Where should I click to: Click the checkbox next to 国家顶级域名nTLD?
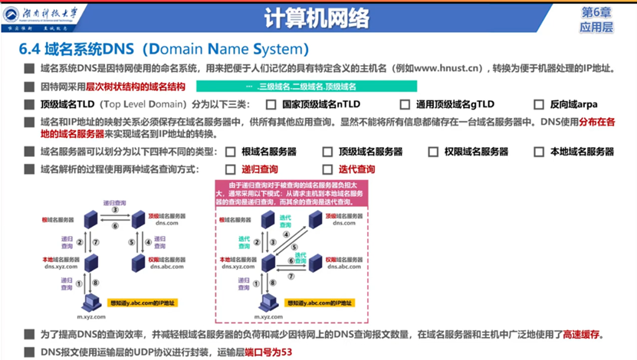point(271,105)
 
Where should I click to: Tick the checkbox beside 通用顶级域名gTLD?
point(405,105)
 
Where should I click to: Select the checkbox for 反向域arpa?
point(539,105)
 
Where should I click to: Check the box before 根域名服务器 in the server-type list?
point(230,152)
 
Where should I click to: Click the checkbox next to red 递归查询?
point(230,169)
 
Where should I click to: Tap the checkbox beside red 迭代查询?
point(327,169)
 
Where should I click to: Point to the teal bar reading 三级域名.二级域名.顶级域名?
point(307,87)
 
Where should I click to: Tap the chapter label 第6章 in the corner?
point(597,12)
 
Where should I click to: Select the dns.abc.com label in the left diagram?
point(166,267)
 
